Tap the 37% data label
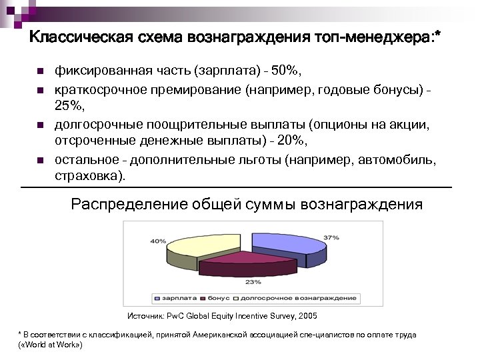coord(331,237)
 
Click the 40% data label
coord(158,241)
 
